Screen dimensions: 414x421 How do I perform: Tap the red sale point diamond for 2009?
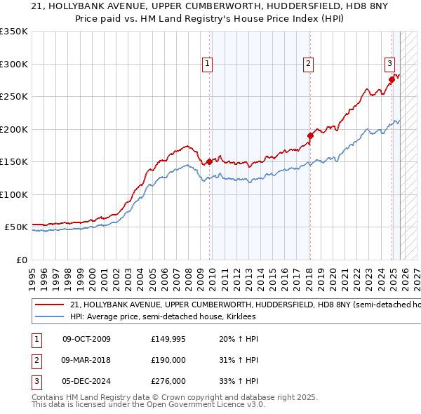click(x=210, y=162)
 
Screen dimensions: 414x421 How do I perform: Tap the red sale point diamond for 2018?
click(x=309, y=135)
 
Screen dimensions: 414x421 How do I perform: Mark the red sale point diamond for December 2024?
click(x=392, y=79)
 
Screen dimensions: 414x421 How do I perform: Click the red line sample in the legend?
click(x=49, y=305)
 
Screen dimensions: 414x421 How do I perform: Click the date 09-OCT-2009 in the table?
click(x=86, y=339)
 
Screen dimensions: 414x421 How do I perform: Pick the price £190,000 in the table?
click(x=168, y=361)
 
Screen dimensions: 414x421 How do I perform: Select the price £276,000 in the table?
click(x=168, y=382)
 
